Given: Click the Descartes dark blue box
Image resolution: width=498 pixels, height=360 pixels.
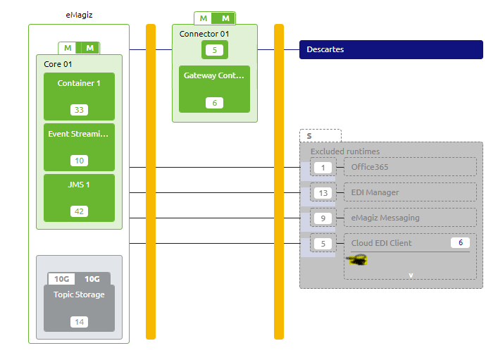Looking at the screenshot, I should (391, 49).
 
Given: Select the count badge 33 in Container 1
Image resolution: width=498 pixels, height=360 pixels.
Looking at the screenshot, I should (79, 110).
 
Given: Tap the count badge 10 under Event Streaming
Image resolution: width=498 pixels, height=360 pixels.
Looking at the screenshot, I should (79, 161).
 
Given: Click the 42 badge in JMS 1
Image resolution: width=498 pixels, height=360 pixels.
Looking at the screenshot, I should (79, 211).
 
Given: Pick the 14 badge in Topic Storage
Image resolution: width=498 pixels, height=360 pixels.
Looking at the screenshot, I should (79, 322).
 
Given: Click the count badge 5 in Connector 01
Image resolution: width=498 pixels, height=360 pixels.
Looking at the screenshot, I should (214, 50).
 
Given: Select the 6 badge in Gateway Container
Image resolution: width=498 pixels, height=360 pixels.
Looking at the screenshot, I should (214, 103).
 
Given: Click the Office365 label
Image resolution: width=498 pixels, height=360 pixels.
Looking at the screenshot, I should (370, 167).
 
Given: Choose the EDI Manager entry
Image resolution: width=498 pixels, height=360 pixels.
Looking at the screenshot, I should (375, 192).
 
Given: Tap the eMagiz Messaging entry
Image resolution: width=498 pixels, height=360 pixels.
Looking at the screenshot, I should (385, 218).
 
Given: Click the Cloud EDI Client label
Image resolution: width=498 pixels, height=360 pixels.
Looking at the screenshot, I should (381, 243).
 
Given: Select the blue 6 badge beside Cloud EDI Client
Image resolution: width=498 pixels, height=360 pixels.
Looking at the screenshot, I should (460, 243).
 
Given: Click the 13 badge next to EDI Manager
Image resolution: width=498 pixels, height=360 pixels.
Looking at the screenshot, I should (323, 193).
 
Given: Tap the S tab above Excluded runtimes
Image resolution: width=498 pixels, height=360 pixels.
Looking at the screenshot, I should (320, 135).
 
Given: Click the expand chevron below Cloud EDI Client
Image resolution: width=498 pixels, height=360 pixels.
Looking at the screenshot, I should (410, 275).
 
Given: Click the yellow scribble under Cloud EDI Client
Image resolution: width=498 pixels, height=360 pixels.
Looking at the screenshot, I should (357, 260).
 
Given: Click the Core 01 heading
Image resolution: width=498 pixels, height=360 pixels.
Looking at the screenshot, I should (58, 64).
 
